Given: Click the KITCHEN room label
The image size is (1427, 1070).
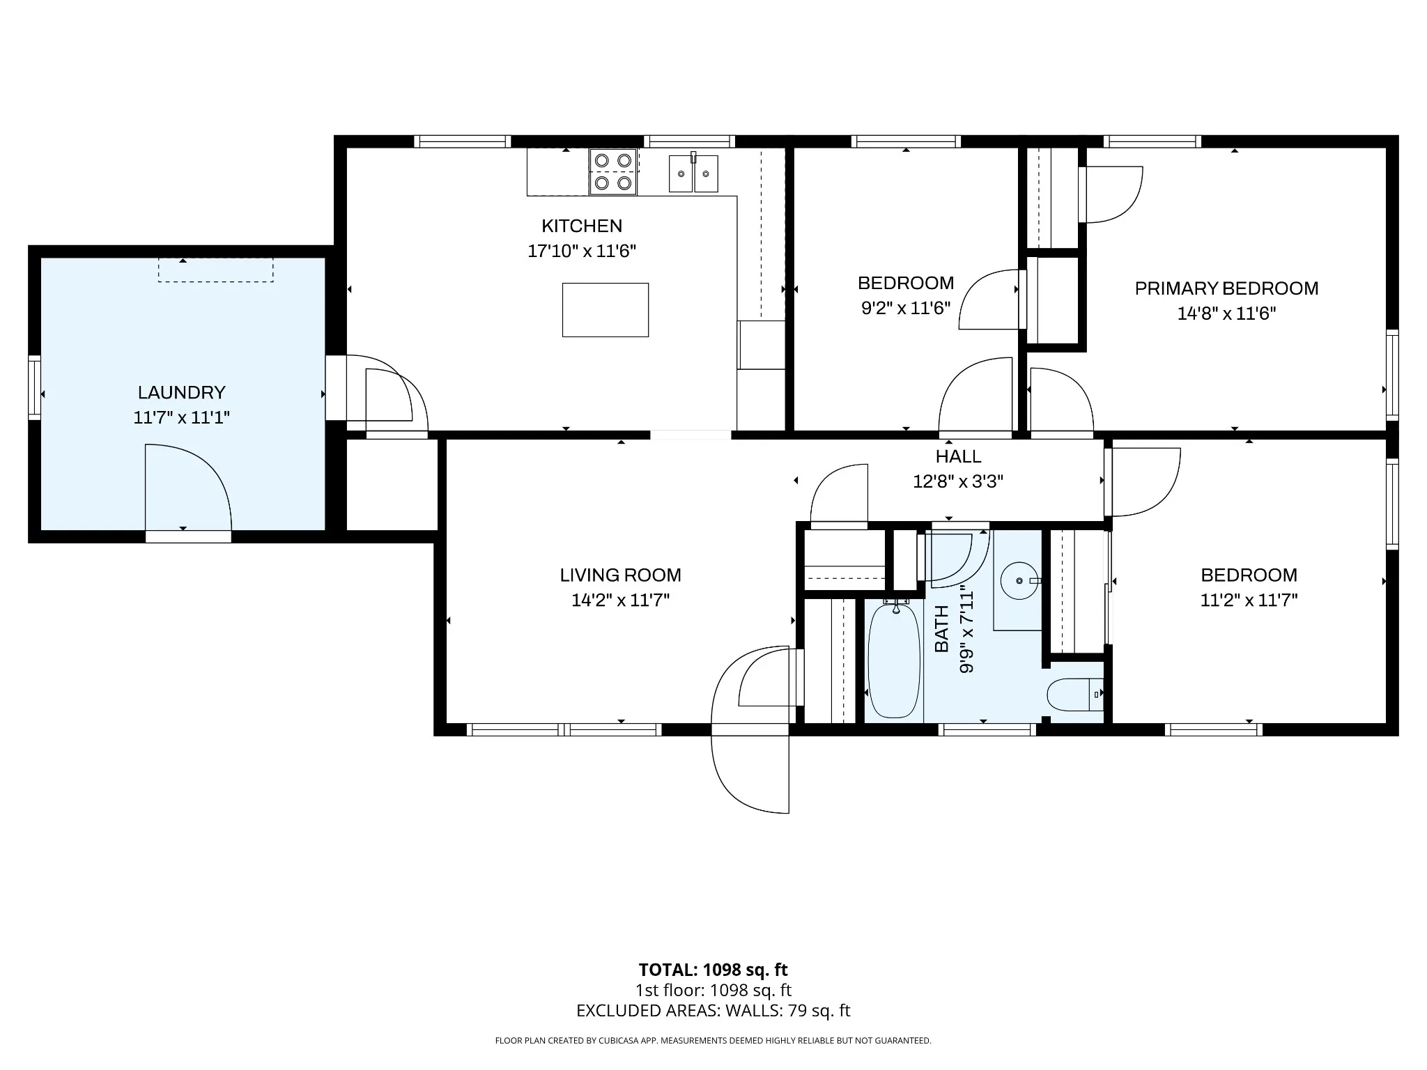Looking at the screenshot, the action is click(582, 226).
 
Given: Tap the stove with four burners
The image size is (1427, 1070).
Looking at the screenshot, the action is click(613, 171).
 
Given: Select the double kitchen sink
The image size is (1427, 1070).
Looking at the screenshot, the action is click(693, 173).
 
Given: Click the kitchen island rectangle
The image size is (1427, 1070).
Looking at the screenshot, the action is click(605, 310).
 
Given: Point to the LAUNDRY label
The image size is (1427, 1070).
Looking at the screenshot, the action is click(181, 392).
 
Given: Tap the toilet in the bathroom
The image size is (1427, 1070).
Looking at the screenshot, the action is click(1075, 695).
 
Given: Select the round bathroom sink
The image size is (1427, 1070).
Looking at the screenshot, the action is click(1019, 580).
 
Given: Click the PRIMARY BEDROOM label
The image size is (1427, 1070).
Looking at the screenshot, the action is click(1226, 288).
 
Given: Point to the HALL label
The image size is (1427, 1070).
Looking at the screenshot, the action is click(958, 456).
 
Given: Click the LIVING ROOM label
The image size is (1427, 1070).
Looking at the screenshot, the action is click(620, 575).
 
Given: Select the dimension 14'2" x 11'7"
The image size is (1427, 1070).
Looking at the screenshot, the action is click(620, 600).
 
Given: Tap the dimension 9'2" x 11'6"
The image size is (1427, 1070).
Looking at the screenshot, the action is click(906, 308).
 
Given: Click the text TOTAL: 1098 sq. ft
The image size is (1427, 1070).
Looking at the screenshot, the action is click(713, 970).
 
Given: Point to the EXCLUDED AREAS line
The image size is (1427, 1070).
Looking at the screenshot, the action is click(713, 1011).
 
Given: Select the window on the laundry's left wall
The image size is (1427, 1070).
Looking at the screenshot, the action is click(34, 388).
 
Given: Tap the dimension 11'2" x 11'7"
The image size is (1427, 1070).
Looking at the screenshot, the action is click(1249, 600).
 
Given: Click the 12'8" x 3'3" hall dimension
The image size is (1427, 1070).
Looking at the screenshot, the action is click(958, 481).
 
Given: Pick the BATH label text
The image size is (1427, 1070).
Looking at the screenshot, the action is click(941, 629).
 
